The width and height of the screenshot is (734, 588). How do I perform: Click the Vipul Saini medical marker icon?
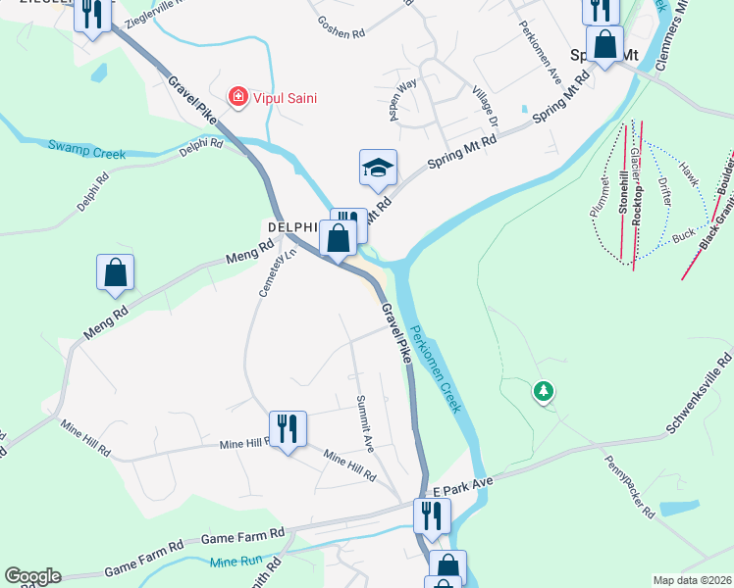point(236,97)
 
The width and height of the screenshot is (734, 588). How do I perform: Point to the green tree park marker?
point(543,392)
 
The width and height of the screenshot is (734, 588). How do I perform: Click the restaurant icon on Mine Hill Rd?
point(288,428)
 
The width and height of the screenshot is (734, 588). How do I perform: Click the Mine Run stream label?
point(233,562)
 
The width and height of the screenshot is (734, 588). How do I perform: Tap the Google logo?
point(32,576)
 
